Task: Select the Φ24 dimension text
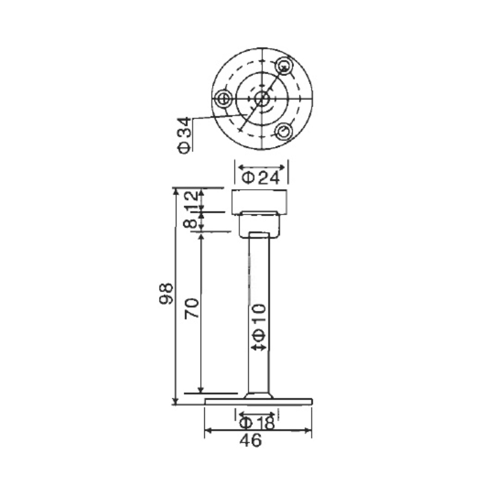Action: click(261, 178)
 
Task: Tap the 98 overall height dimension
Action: click(167, 295)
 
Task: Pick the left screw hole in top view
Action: click(224, 98)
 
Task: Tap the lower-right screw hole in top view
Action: click(284, 130)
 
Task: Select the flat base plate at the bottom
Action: click(259, 401)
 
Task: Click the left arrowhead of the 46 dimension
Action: click(208, 431)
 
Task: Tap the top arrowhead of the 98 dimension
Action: click(175, 192)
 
